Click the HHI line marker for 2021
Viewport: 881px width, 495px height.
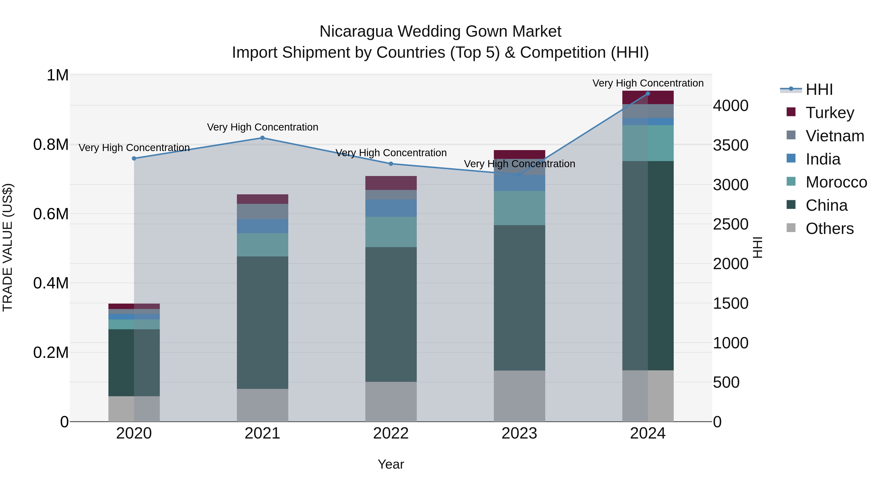coord(262,138)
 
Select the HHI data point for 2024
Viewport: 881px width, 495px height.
coord(648,94)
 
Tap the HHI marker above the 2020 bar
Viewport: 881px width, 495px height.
coord(134,158)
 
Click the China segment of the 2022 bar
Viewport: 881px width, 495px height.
coord(391,314)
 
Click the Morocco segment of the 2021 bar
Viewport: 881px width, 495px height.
coord(262,245)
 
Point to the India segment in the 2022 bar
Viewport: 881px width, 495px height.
coord(391,208)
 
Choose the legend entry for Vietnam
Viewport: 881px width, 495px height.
coord(835,136)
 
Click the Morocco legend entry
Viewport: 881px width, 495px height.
coord(836,182)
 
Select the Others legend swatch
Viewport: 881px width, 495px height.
coord(791,228)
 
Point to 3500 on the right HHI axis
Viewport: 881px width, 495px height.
coord(730,145)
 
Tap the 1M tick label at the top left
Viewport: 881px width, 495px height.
coord(58,76)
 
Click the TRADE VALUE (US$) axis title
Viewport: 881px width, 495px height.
coord(8,247)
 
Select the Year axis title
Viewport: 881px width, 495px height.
coord(391,464)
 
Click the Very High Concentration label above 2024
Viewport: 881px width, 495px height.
coord(648,83)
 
